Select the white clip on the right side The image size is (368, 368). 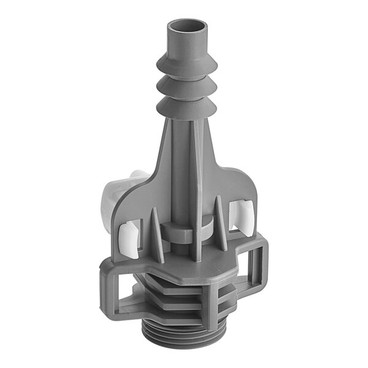[242, 215]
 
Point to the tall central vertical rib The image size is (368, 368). [195, 184]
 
